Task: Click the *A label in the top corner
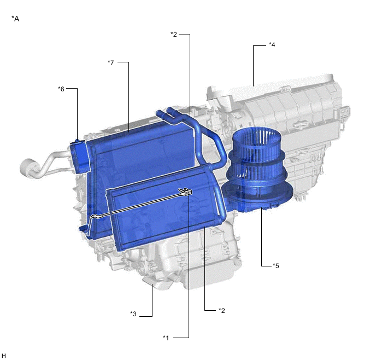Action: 15,19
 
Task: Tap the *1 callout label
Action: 166,338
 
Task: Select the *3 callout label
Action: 133,313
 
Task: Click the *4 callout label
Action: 272,45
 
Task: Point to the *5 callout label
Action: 276,266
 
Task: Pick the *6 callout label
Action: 61,89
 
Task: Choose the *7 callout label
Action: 111,62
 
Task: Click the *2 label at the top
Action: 174,34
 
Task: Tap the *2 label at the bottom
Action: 222,310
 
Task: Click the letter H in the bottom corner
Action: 3,356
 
